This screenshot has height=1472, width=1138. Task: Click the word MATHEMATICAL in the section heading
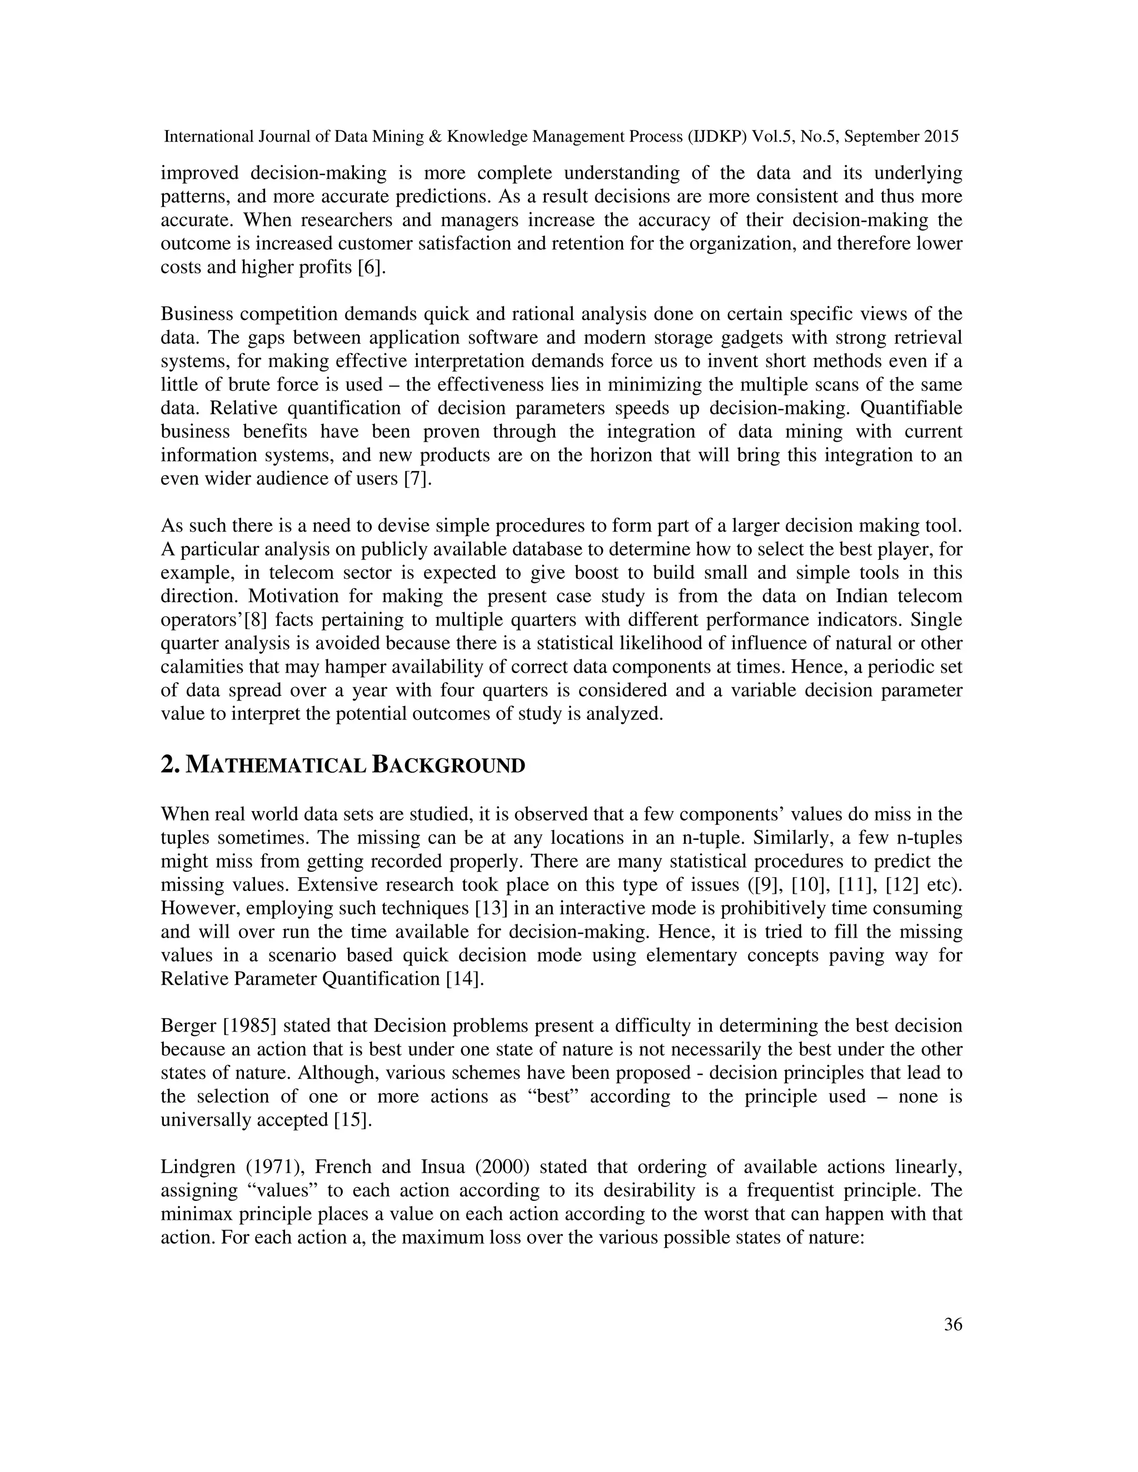pyautogui.click(x=275, y=767)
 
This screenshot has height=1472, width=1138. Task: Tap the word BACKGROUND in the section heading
pyautogui.click(x=448, y=767)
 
